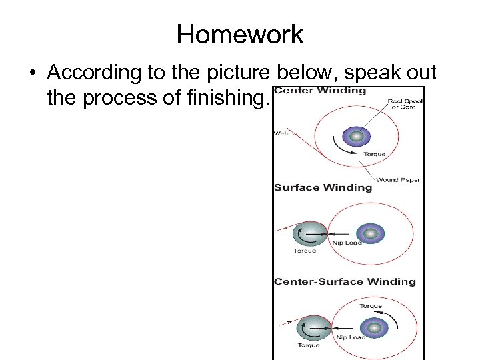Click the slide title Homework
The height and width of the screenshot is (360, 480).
pyautogui.click(x=240, y=35)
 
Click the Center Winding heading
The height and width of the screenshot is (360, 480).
pyautogui.click(x=321, y=91)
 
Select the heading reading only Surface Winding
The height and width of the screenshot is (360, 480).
pyautogui.click(x=323, y=187)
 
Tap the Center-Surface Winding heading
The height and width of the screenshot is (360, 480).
pyautogui.click(x=345, y=281)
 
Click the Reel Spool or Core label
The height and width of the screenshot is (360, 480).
pyautogui.click(x=403, y=105)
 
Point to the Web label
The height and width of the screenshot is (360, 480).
pyautogui.click(x=281, y=133)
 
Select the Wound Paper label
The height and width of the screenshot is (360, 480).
pyautogui.click(x=397, y=179)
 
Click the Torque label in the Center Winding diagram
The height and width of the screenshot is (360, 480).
pyautogui.click(x=374, y=154)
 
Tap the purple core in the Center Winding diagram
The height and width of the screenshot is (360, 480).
pyautogui.click(x=356, y=137)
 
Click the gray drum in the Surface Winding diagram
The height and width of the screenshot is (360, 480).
pyautogui.click(x=310, y=233)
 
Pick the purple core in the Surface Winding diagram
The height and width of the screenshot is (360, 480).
pyautogui.click(x=367, y=233)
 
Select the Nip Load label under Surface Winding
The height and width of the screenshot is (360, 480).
pyautogui.click(x=347, y=243)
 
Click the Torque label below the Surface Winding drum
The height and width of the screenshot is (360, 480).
pyautogui.click(x=305, y=251)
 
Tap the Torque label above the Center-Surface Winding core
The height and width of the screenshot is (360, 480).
pyautogui.click(x=371, y=306)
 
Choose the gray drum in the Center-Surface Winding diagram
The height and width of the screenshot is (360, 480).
pyautogui.click(x=313, y=328)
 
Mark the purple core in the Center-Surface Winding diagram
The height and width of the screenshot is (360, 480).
pyautogui.click(x=370, y=327)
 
